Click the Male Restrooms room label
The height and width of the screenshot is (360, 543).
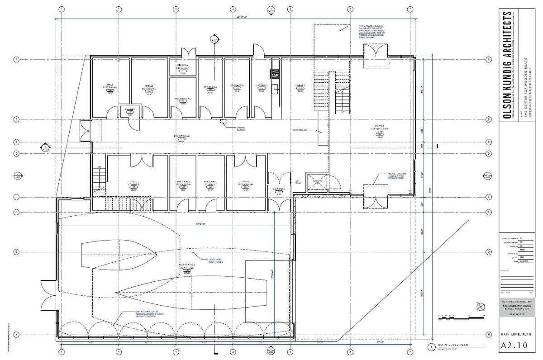pyautogui.click(x=110, y=86)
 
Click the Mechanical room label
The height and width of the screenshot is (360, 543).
pyautogui.click(x=182, y=99)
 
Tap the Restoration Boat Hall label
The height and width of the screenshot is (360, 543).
pyautogui.click(x=190, y=266)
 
